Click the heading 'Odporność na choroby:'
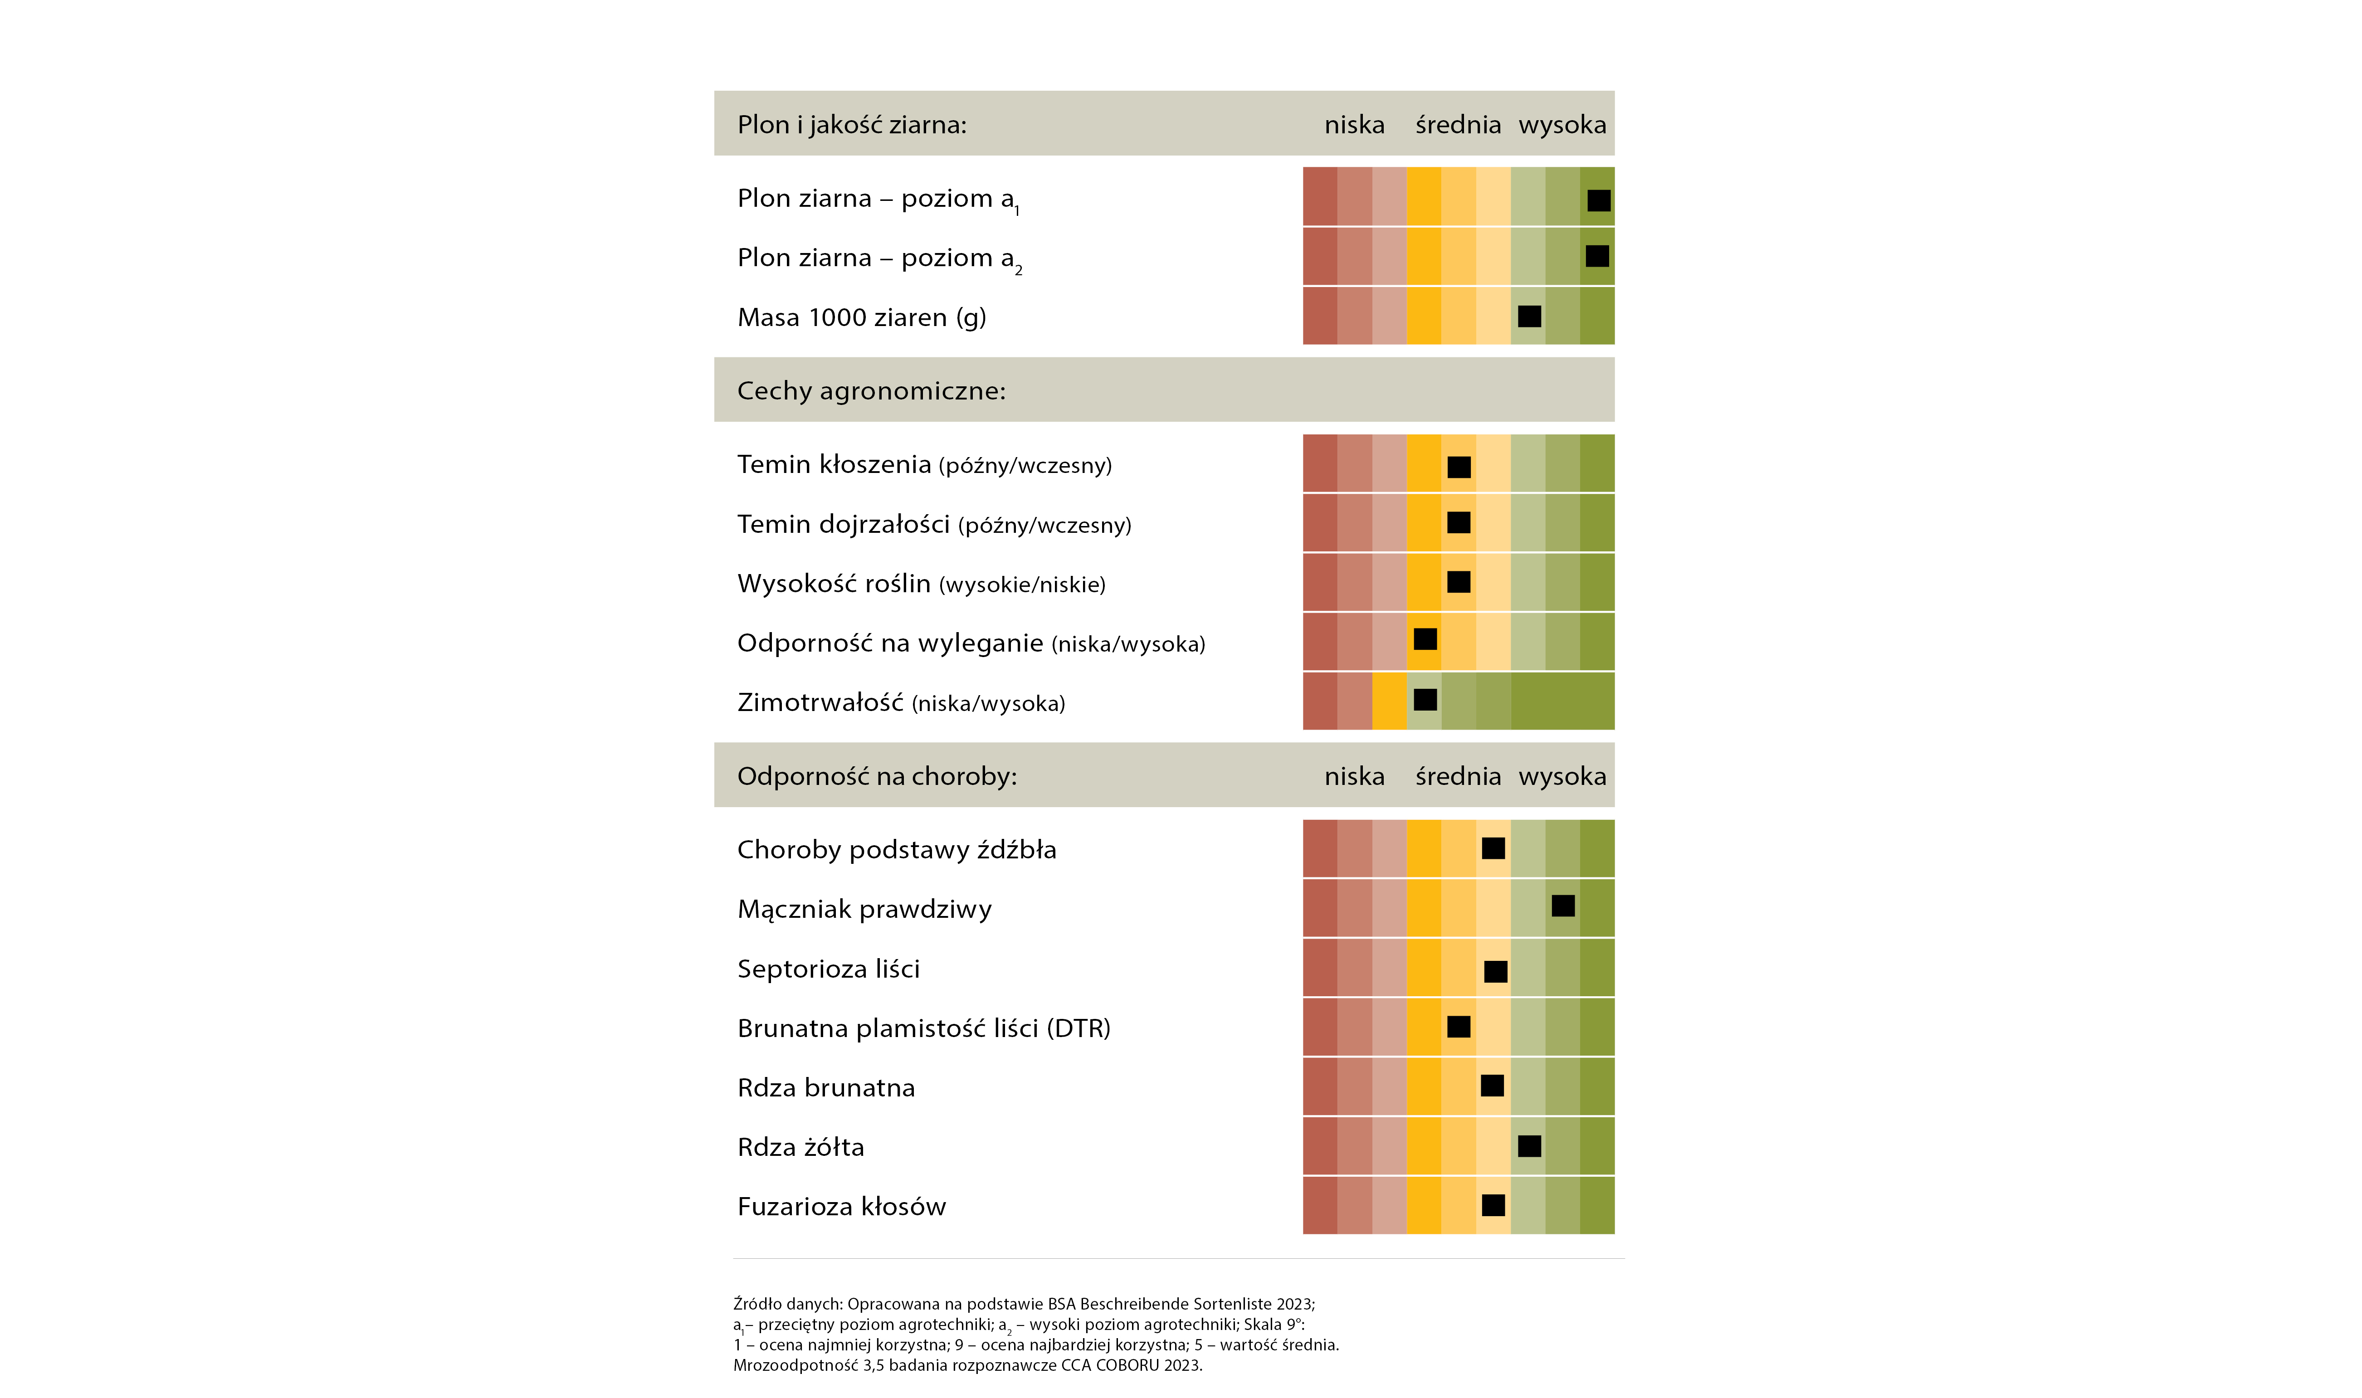(x=877, y=776)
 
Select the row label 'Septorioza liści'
(x=828, y=969)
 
